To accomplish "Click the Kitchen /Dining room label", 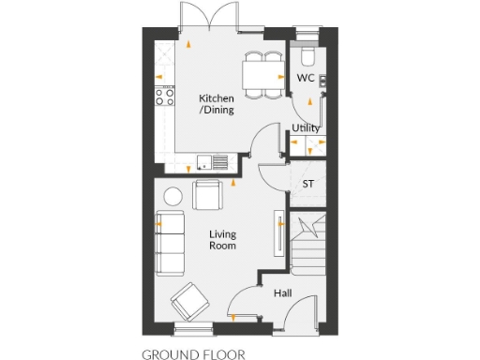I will (217, 103).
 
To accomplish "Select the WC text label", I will (305, 78).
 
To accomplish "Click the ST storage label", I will (307, 184).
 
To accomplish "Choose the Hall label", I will (282, 293).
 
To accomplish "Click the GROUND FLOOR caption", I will (193, 354).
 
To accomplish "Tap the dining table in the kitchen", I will (263, 73).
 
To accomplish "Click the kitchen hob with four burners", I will (165, 95).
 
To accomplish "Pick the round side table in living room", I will (173, 196).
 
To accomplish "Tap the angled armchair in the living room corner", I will (189, 301).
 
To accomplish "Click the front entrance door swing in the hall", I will (245, 302).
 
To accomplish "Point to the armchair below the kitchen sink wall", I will (207, 195).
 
